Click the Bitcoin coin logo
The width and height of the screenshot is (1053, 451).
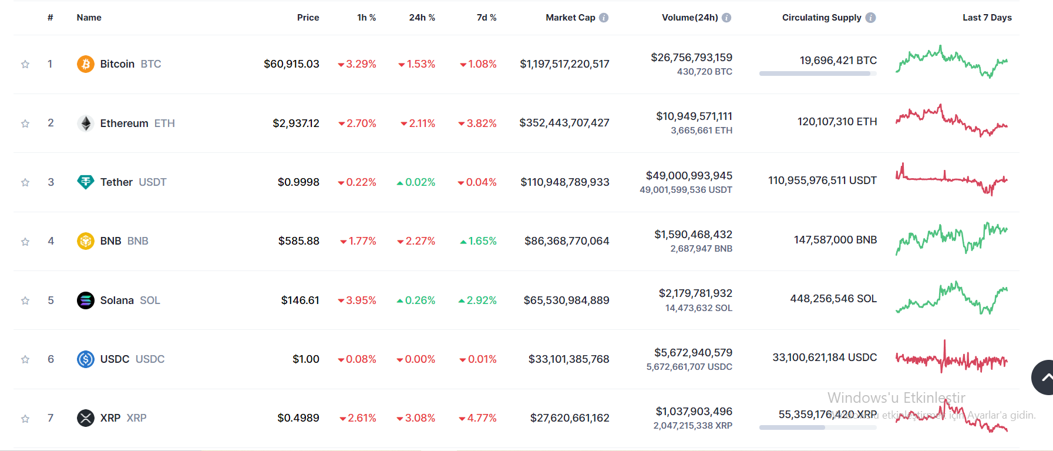point(86,64)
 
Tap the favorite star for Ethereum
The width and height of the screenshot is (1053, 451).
point(25,123)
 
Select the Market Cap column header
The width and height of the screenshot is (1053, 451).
point(570,18)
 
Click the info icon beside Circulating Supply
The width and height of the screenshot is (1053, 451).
point(870,18)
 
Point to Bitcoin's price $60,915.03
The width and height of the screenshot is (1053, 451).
point(291,64)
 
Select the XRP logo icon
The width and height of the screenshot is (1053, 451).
point(86,418)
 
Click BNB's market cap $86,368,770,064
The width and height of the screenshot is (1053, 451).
point(567,241)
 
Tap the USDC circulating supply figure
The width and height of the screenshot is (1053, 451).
point(825,358)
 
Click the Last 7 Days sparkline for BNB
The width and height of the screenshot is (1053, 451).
point(951,238)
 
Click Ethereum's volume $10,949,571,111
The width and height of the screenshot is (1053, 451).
point(694,116)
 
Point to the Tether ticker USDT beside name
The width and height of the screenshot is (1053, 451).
point(153,182)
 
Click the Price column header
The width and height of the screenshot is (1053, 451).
point(308,18)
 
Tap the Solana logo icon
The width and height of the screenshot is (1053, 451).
point(86,300)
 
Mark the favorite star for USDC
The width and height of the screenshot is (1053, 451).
point(25,359)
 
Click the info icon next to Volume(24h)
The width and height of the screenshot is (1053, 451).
point(726,18)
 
